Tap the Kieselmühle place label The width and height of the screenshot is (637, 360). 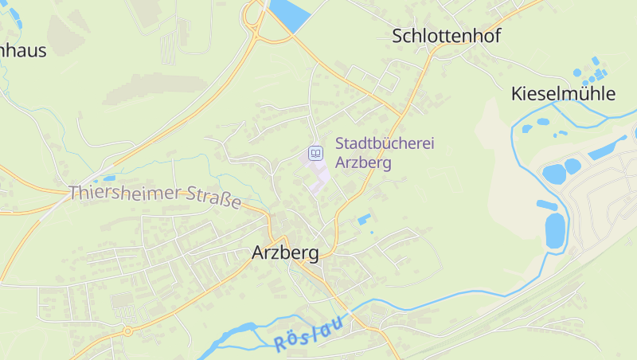coord(563,94)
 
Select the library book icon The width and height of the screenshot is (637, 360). coord(316,152)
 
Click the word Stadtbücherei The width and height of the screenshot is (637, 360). coord(385,144)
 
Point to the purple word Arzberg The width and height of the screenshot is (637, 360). coord(363,162)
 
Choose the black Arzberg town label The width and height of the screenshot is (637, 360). coord(285,253)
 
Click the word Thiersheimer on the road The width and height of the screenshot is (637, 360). coord(126,193)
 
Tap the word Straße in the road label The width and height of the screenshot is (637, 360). coord(213,198)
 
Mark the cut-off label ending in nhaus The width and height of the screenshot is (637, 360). coord(22,51)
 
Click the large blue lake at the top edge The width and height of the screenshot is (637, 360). coord(288,14)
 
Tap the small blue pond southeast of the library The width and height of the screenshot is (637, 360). coord(364,218)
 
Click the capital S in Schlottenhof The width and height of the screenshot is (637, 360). coord(397,36)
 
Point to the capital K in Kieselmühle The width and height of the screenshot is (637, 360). coord(516,94)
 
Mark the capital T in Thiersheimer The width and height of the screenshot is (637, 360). coord(74,192)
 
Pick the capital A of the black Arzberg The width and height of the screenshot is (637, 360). coord(257,253)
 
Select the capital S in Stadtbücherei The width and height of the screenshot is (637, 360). coord(340,144)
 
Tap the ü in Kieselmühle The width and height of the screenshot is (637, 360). coord(587,94)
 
